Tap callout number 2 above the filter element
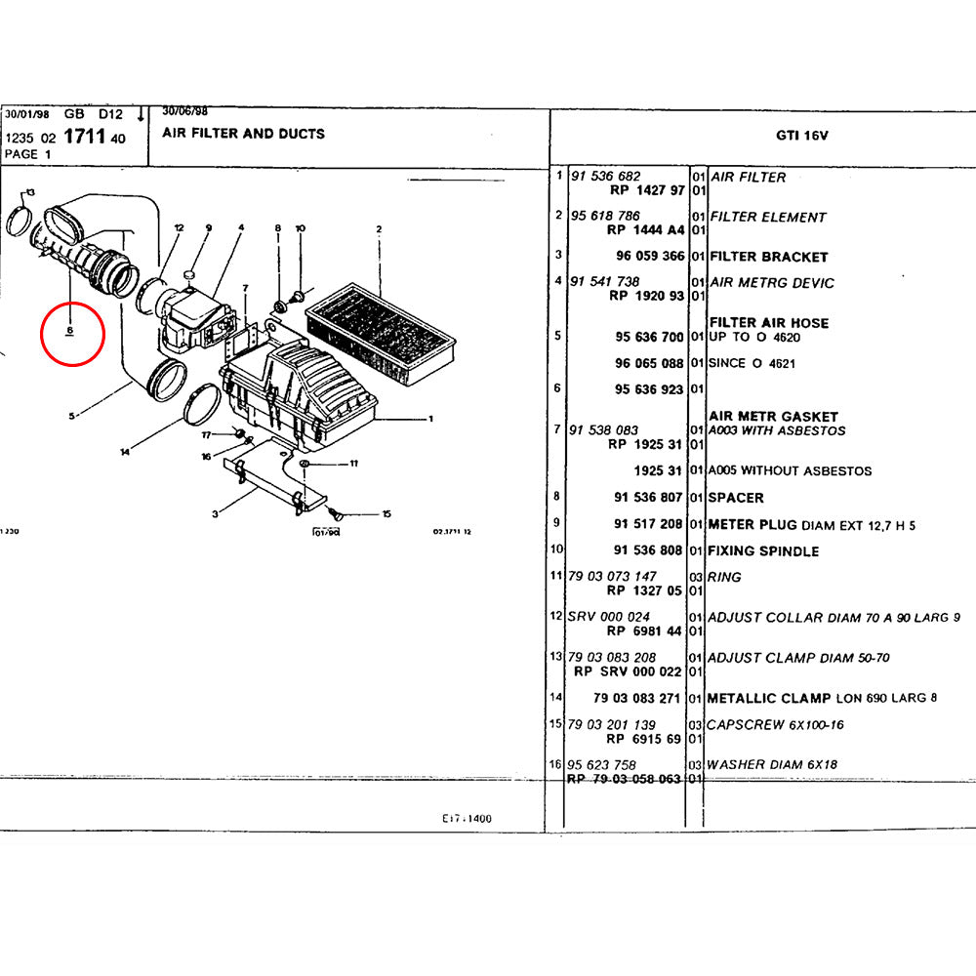378,230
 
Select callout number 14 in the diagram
125,452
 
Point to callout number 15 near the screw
386,513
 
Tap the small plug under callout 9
193,274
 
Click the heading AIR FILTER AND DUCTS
244,134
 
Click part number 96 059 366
649,257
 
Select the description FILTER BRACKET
768,257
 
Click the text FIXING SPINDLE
763,551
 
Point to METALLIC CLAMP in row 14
769,698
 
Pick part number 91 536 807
649,498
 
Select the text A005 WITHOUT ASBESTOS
790,470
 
